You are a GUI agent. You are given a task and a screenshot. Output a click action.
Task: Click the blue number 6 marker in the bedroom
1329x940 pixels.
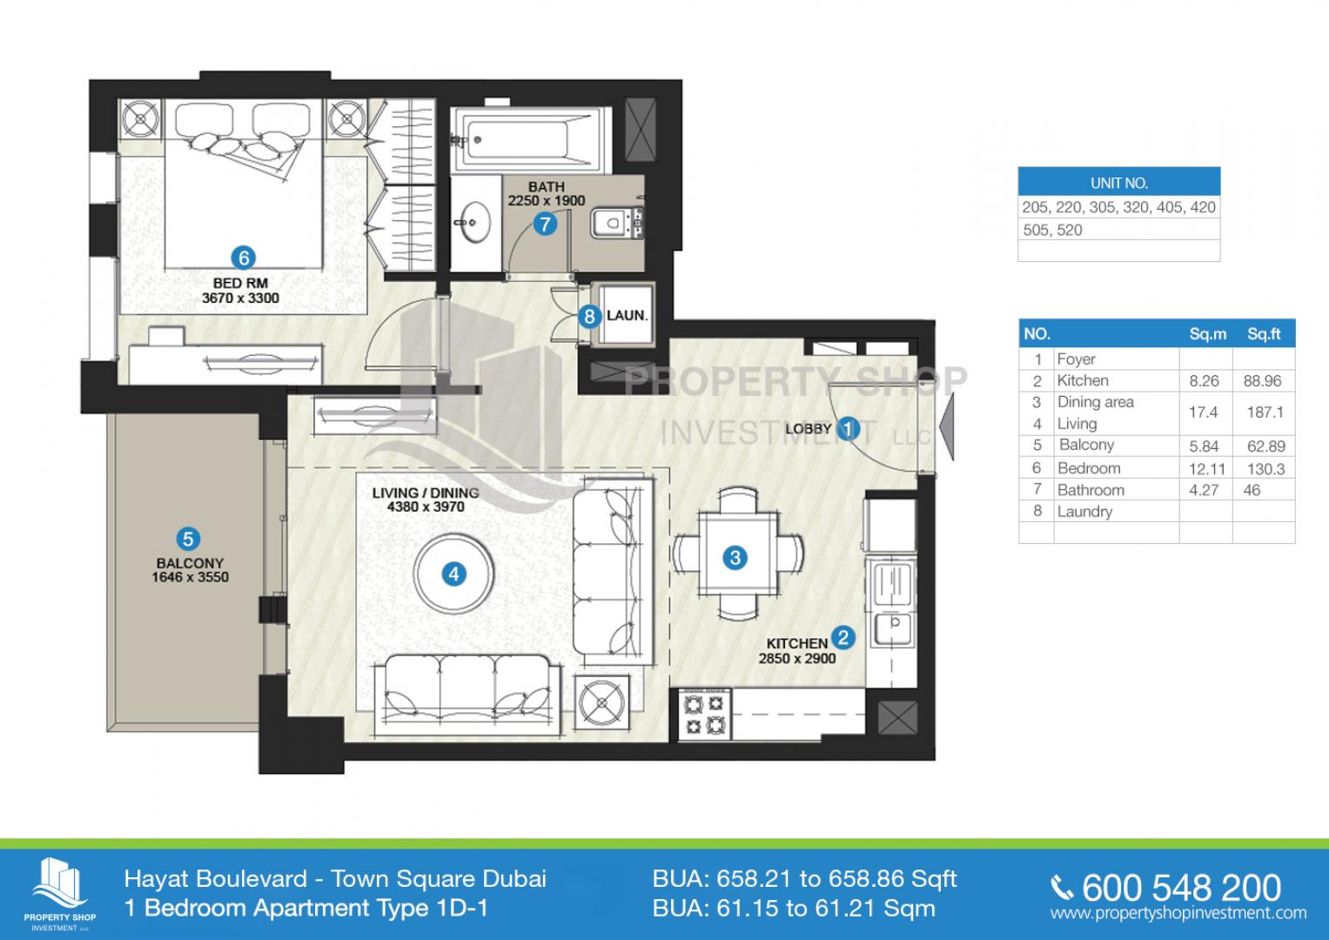243,258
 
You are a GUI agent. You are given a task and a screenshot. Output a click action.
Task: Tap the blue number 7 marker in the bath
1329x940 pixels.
545,225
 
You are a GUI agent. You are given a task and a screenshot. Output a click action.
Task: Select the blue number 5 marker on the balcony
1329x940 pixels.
188,539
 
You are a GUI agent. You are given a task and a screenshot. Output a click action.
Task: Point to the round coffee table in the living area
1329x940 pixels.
453,574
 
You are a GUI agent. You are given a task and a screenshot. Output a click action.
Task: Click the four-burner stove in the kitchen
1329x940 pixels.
704,715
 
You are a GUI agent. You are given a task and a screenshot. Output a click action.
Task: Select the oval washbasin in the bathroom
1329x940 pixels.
473,223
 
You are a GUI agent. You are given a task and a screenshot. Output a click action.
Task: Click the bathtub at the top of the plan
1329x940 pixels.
530,140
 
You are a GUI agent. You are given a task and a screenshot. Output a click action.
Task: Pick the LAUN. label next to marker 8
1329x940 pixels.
627,316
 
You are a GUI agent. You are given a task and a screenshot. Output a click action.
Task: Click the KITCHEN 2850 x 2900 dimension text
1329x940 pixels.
797,651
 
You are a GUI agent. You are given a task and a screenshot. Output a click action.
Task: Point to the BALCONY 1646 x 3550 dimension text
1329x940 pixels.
190,570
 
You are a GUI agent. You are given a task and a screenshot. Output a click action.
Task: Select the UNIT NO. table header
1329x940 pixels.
1119,183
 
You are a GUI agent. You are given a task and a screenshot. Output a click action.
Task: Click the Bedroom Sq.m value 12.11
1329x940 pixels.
1207,469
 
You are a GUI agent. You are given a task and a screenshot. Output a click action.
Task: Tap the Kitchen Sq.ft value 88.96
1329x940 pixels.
1263,381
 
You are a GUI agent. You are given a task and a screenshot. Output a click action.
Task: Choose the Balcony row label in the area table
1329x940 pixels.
1086,445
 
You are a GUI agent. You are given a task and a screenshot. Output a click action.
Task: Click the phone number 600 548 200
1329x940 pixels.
1181,888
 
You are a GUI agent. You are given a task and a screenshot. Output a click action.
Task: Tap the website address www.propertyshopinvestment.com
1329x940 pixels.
1178,914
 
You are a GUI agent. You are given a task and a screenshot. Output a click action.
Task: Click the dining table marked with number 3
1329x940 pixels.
737,553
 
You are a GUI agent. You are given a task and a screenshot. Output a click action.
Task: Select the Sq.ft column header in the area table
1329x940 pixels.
1264,334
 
